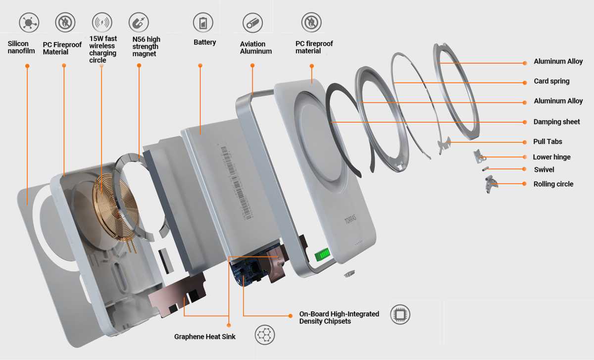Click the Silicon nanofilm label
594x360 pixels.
(18, 48)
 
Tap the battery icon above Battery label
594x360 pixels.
(203, 23)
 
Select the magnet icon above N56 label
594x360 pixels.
(139, 22)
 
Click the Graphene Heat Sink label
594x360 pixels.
(204, 337)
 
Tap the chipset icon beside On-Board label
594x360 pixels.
(400, 314)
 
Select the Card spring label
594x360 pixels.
(551, 81)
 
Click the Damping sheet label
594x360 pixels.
(556, 122)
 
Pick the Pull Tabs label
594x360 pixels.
(547, 142)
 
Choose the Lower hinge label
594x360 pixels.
(551, 157)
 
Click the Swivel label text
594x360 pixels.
(544, 170)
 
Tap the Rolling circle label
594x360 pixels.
(553, 184)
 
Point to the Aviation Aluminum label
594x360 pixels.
(256, 48)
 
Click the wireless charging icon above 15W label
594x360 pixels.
(102, 23)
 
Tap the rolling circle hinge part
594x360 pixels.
(491, 186)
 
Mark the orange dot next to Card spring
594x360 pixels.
(525, 82)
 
